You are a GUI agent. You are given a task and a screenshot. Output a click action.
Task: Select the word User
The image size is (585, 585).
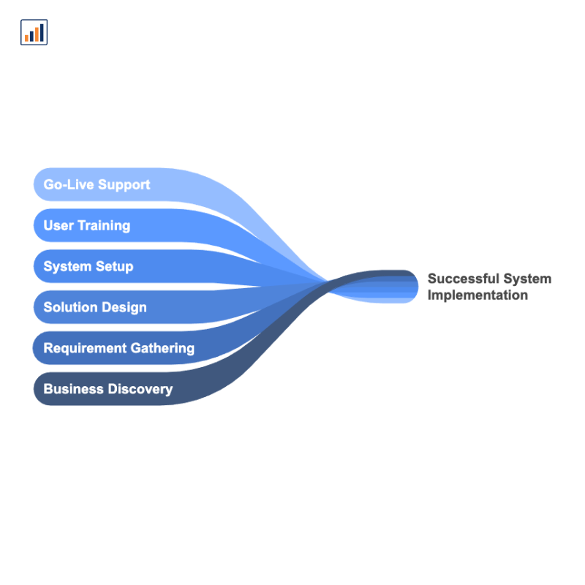pyautogui.click(x=58, y=225)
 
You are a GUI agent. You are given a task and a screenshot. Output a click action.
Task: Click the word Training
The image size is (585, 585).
pyautogui.click(x=104, y=226)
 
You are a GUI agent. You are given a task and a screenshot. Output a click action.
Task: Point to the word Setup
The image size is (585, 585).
pyautogui.click(x=114, y=267)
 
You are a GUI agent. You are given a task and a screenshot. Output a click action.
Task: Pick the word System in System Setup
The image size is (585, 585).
pyautogui.click(x=67, y=267)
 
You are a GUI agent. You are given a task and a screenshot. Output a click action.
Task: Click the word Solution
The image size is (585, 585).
pyautogui.click(x=70, y=307)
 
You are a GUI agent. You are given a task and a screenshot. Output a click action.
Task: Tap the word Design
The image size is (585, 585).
pyautogui.click(x=124, y=308)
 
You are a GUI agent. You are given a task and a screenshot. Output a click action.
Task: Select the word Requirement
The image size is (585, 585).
pyautogui.click(x=85, y=349)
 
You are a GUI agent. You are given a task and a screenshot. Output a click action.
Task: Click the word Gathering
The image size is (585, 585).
pyautogui.click(x=162, y=349)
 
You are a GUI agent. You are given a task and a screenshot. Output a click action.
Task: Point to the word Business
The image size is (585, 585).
pyautogui.click(x=74, y=389)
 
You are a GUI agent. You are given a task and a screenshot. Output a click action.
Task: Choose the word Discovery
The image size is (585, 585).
pyautogui.click(x=140, y=390)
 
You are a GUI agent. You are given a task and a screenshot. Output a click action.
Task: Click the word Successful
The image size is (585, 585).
pyautogui.click(x=464, y=279)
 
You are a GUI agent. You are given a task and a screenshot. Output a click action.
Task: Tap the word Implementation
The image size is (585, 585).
pyautogui.click(x=478, y=295)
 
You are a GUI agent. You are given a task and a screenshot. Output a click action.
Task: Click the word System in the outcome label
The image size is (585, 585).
pyautogui.click(x=527, y=279)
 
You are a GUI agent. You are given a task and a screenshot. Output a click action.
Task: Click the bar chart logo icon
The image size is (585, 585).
pyautogui.click(x=34, y=32)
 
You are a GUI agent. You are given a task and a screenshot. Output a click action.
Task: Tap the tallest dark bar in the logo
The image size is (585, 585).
pyautogui.click(x=42, y=32)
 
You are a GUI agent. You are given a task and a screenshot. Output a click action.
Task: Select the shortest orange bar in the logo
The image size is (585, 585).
pyautogui.click(x=26, y=38)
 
